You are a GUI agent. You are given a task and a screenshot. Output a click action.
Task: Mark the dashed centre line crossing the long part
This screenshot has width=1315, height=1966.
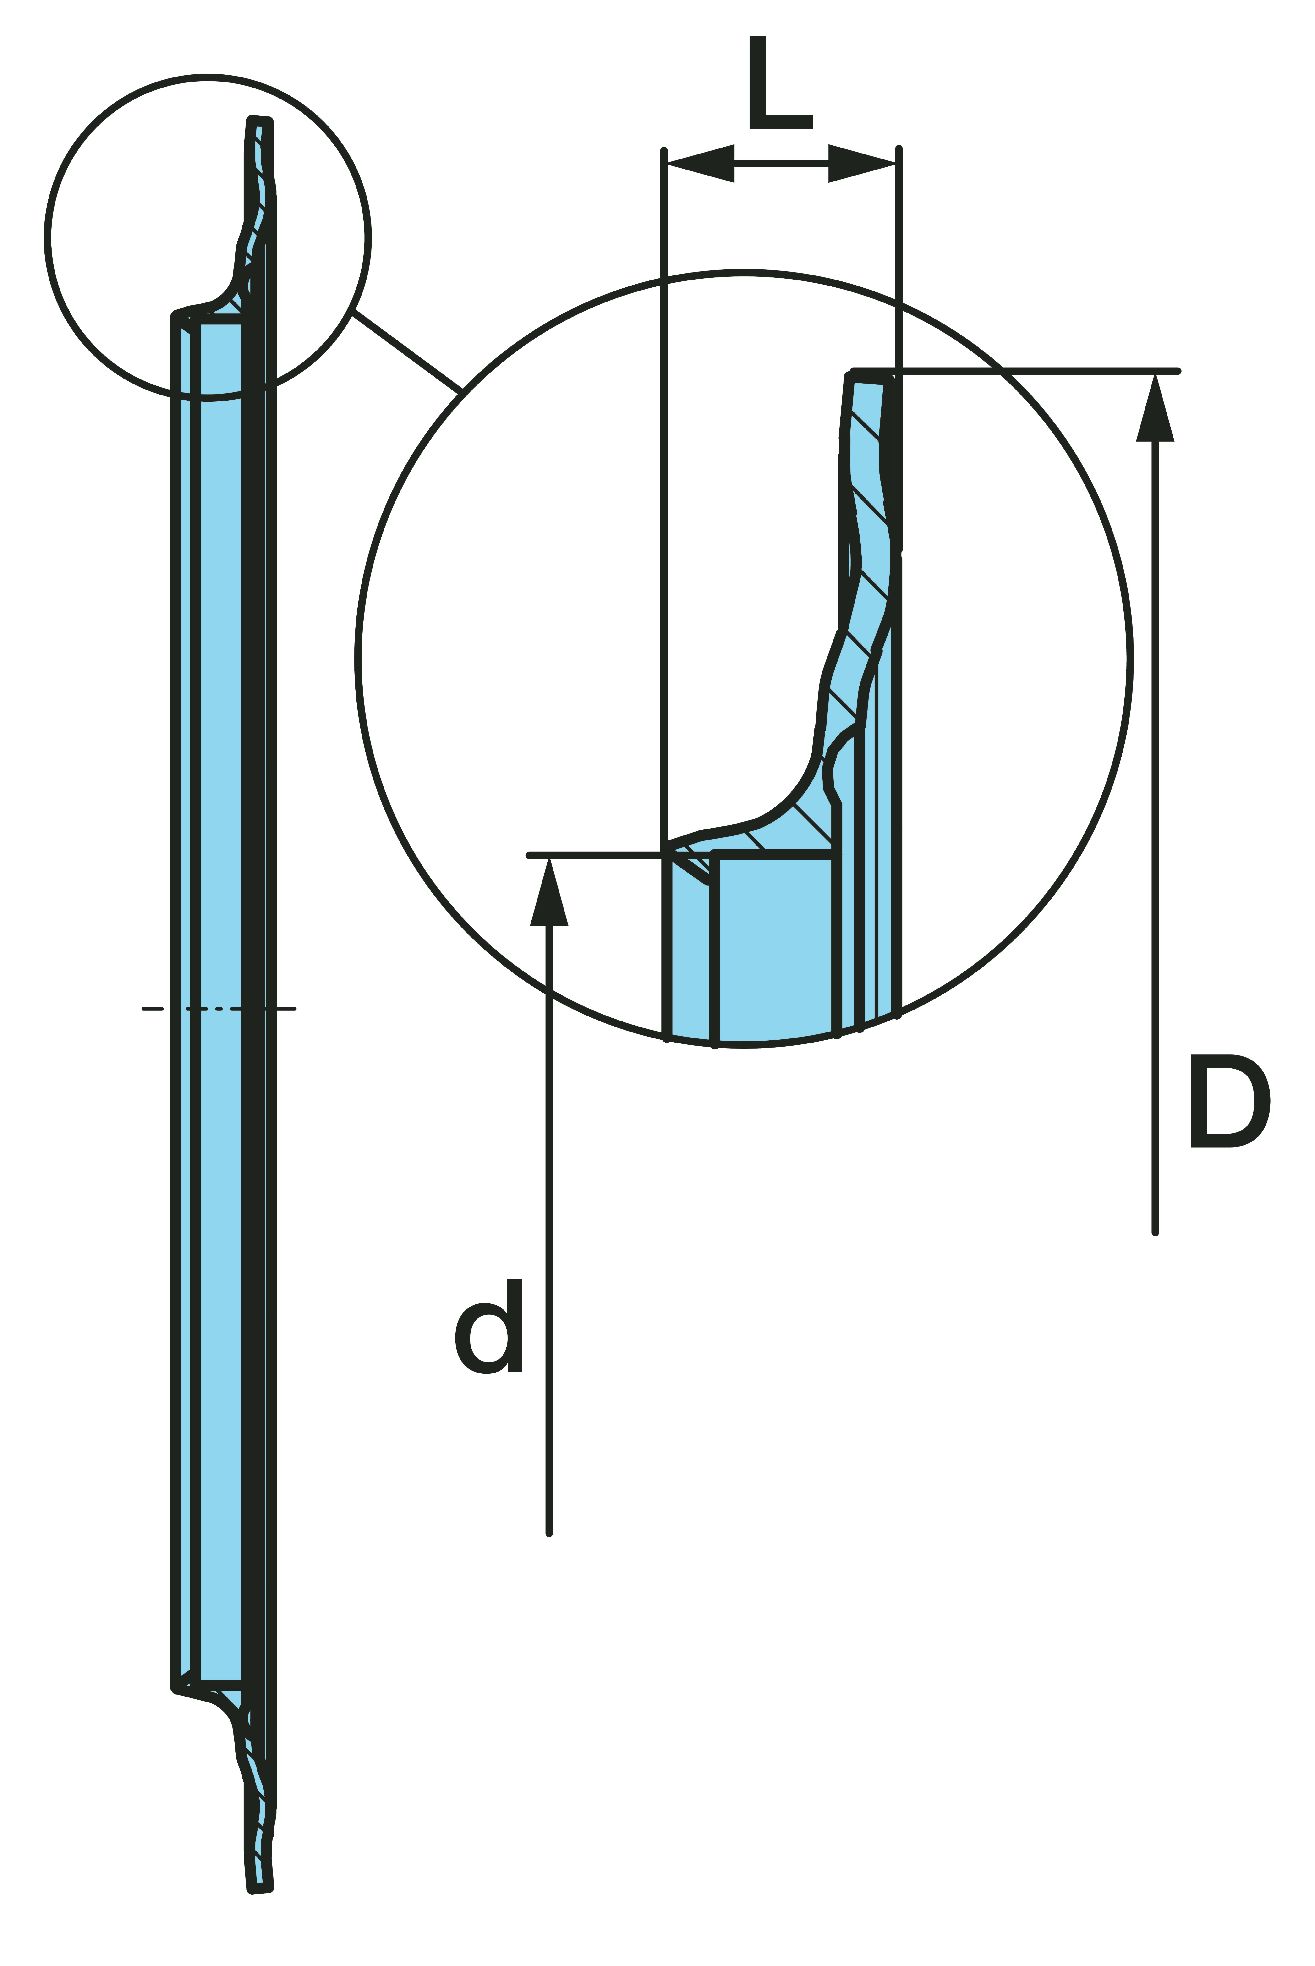click(219, 1009)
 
